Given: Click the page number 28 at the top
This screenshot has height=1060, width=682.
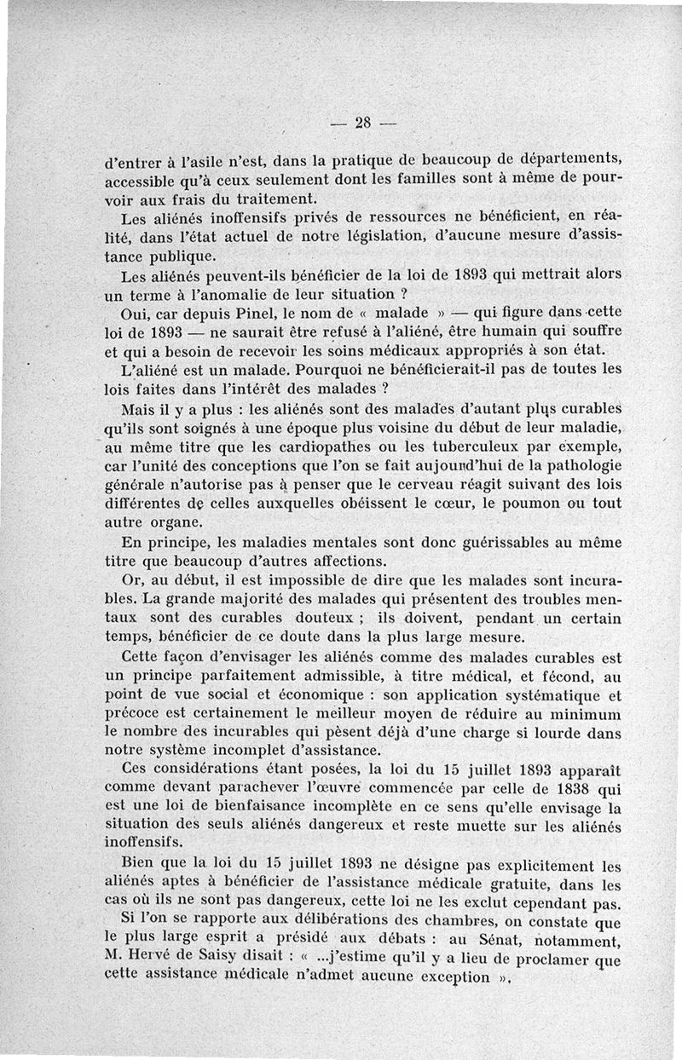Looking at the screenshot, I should click(x=363, y=123).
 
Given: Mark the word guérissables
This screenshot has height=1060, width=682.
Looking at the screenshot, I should click(x=493, y=543).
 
